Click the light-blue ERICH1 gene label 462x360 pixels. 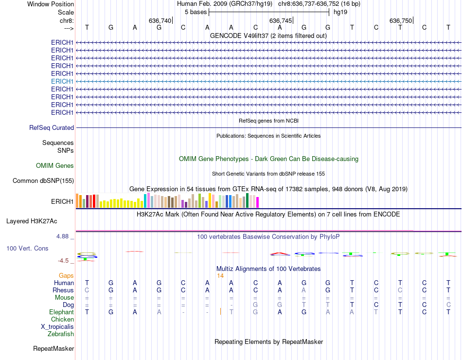(x=62, y=81)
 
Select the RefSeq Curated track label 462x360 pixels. (x=52, y=127)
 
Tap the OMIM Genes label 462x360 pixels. (x=55, y=165)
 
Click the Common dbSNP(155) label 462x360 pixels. (x=43, y=181)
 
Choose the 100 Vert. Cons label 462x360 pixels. (x=27, y=248)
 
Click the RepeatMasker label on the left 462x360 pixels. (x=53, y=348)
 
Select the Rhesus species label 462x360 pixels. (x=63, y=290)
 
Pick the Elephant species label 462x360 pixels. (x=62, y=312)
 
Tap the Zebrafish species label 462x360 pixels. (x=61, y=334)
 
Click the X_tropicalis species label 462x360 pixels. (x=57, y=326)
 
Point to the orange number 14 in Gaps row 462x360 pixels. (x=220, y=275)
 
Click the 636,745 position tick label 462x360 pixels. (x=281, y=20)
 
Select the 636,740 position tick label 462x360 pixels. (x=160, y=20)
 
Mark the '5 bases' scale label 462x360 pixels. (x=195, y=12)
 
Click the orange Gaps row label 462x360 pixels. (x=66, y=275)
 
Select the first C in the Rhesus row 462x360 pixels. (x=87, y=290)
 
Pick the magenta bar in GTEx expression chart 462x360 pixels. (x=257, y=202)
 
